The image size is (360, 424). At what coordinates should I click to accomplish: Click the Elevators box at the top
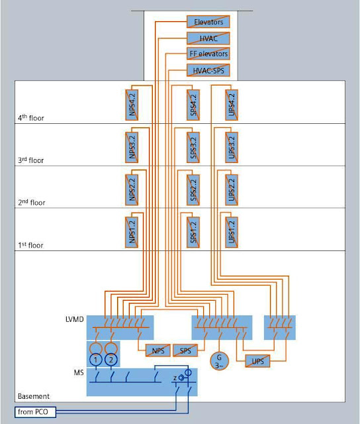click(x=208, y=22)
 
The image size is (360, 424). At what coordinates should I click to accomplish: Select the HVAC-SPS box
click(x=208, y=71)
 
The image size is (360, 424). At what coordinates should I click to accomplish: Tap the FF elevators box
click(x=208, y=54)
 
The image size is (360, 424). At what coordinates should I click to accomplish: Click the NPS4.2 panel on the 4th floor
click(x=132, y=105)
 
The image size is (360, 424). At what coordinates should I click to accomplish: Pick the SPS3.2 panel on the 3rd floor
click(x=193, y=147)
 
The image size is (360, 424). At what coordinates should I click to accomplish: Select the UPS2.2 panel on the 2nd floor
click(x=232, y=190)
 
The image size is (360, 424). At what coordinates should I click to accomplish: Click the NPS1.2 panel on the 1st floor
click(x=132, y=233)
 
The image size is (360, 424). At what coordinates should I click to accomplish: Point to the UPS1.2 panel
click(x=232, y=233)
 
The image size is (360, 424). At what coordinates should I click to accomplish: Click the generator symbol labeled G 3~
click(x=219, y=360)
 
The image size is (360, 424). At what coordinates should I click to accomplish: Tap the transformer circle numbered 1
click(x=95, y=360)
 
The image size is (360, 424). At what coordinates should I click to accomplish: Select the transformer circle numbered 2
click(x=111, y=360)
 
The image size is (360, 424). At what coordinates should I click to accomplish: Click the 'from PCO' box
click(x=35, y=412)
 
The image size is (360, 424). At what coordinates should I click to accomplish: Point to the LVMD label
click(x=75, y=319)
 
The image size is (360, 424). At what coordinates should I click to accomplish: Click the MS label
click(x=79, y=372)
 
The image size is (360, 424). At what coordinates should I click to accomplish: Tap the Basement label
click(x=34, y=396)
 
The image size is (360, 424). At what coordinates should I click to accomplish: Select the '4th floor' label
click(x=31, y=118)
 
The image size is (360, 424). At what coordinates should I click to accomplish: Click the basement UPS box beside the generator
click(x=257, y=361)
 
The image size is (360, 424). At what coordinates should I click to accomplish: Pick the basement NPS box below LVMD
click(x=158, y=350)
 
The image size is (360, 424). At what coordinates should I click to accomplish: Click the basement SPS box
click(x=185, y=350)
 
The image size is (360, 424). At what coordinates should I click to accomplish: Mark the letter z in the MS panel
click(x=175, y=378)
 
